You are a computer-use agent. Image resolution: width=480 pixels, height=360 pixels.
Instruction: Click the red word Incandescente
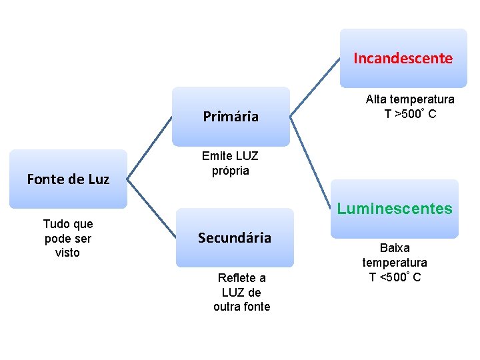pos(403,58)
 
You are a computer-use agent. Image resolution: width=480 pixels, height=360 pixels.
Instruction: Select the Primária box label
pos(231,117)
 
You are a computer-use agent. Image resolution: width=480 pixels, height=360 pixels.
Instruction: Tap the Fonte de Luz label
pos(68,179)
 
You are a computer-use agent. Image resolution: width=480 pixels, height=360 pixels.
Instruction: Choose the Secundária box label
pos(235,237)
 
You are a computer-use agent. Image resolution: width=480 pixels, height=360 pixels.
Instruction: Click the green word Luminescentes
pos(395,209)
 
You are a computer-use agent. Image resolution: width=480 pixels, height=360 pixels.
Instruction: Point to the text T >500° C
pos(410,114)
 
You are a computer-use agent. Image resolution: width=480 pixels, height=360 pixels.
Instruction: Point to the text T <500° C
pos(395,277)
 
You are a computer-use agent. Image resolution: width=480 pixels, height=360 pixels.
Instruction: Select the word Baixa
pos(395,248)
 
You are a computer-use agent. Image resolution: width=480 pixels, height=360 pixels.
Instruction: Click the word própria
pos(231,171)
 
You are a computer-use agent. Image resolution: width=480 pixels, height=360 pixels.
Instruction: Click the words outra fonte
pos(241,307)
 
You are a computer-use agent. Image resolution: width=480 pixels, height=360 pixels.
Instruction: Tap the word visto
pos(67,253)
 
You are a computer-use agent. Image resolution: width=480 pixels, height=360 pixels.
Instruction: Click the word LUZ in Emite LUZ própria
pos(245,156)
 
